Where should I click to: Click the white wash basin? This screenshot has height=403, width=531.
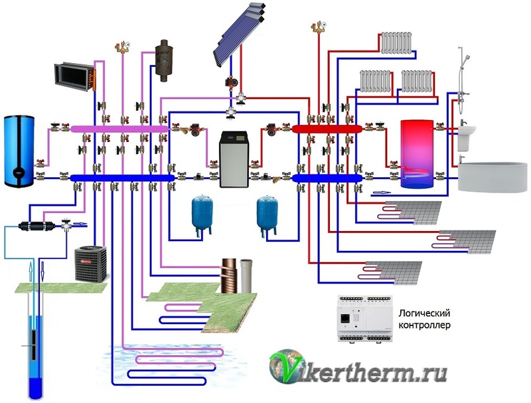[x=469, y=137]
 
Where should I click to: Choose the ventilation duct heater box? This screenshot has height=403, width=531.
[x=74, y=76]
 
